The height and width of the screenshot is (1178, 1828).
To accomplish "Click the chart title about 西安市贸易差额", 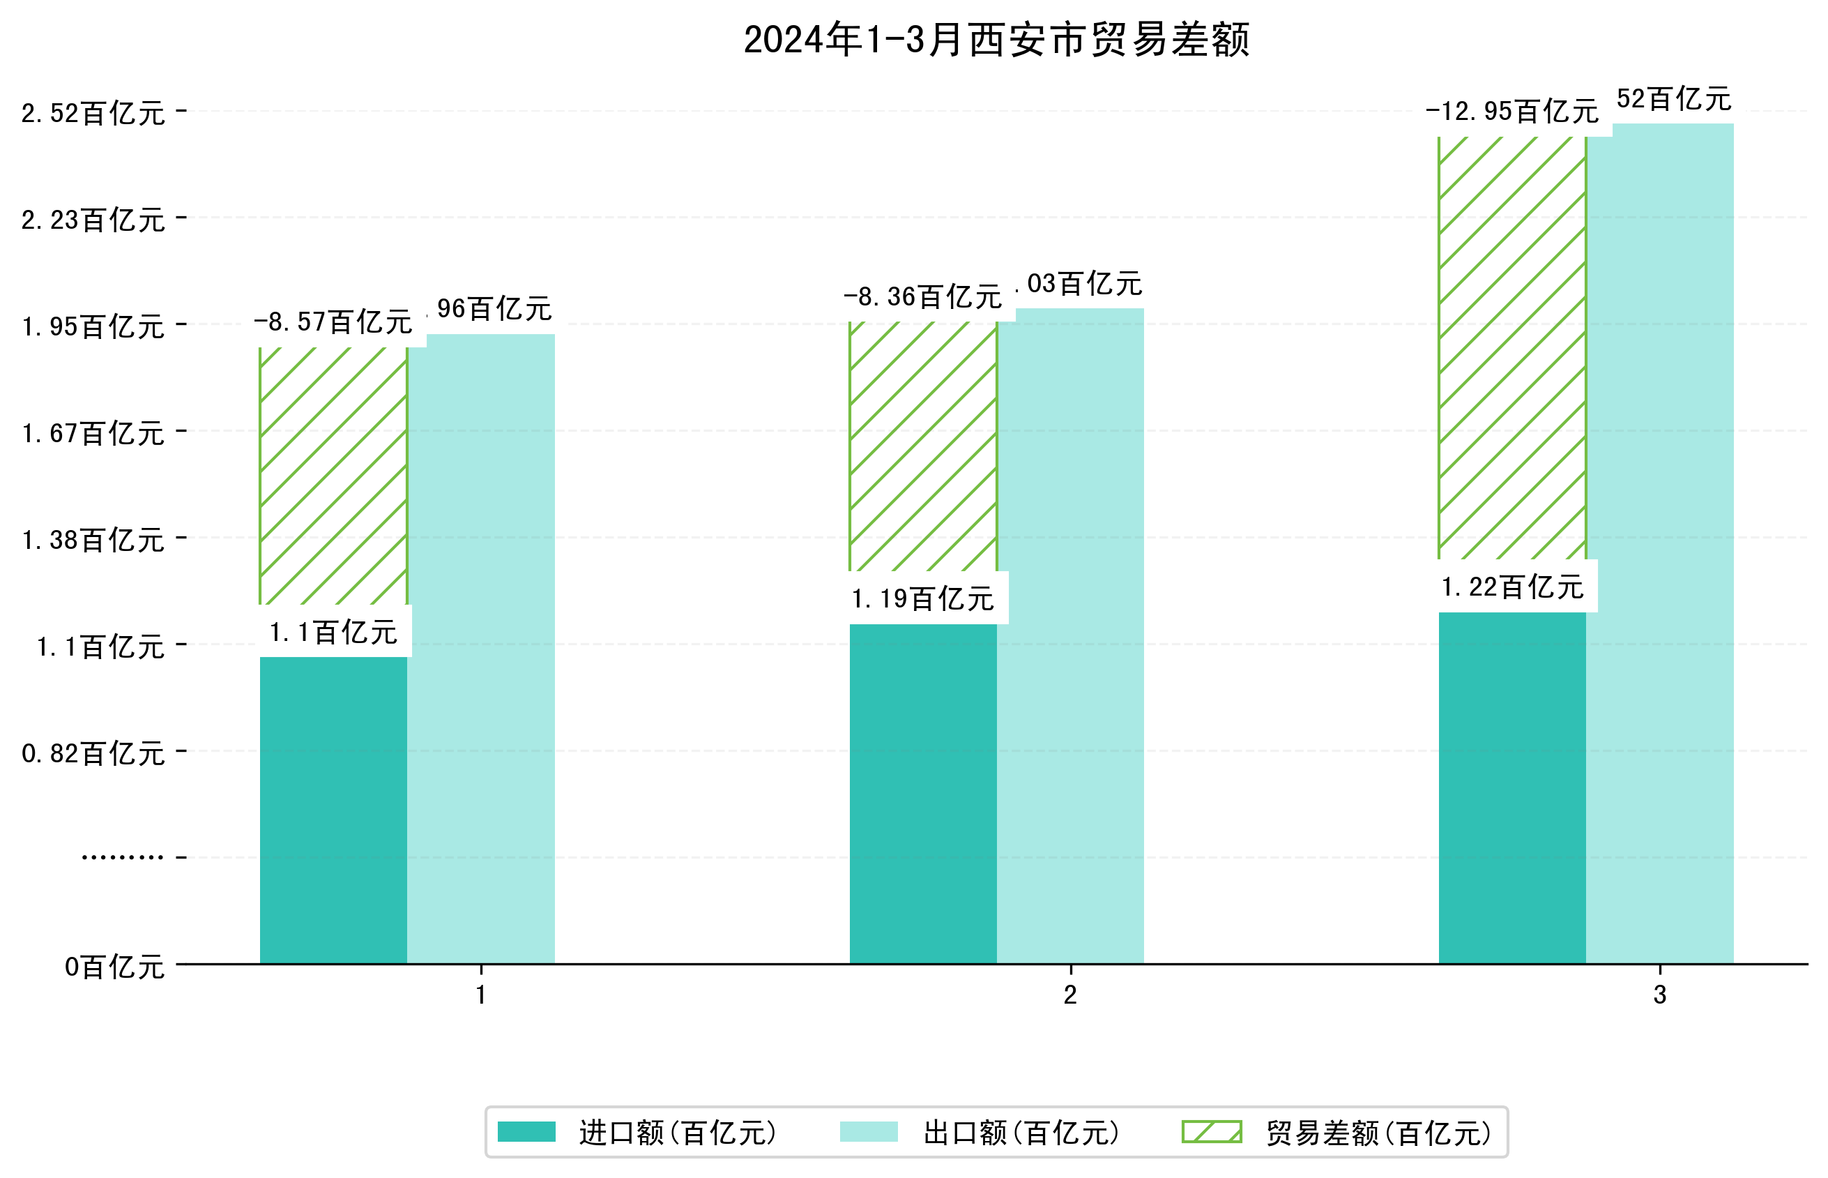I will [x=996, y=40].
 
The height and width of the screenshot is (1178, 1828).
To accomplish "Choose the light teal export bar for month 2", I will [x=1070, y=635].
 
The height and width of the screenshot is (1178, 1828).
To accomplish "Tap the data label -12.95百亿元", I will [x=1511, y=112].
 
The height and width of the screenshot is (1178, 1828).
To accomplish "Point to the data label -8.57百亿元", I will [x=333, y=322].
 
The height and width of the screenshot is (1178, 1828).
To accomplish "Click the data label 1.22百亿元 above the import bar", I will [x=1511, y=587].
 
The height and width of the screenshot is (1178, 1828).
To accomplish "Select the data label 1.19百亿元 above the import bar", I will [x=922, y=598].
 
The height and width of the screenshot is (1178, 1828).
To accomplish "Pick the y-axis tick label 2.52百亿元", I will [x=93, y=113].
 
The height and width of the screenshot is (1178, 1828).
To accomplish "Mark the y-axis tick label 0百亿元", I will [x=114, y=967].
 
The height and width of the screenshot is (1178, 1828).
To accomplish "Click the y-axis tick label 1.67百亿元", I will [x=93, y=434].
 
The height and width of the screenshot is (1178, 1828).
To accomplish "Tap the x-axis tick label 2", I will [x=1070, y=995].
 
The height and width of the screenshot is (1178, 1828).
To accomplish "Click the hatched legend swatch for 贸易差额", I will [x=1211, y=1131].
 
